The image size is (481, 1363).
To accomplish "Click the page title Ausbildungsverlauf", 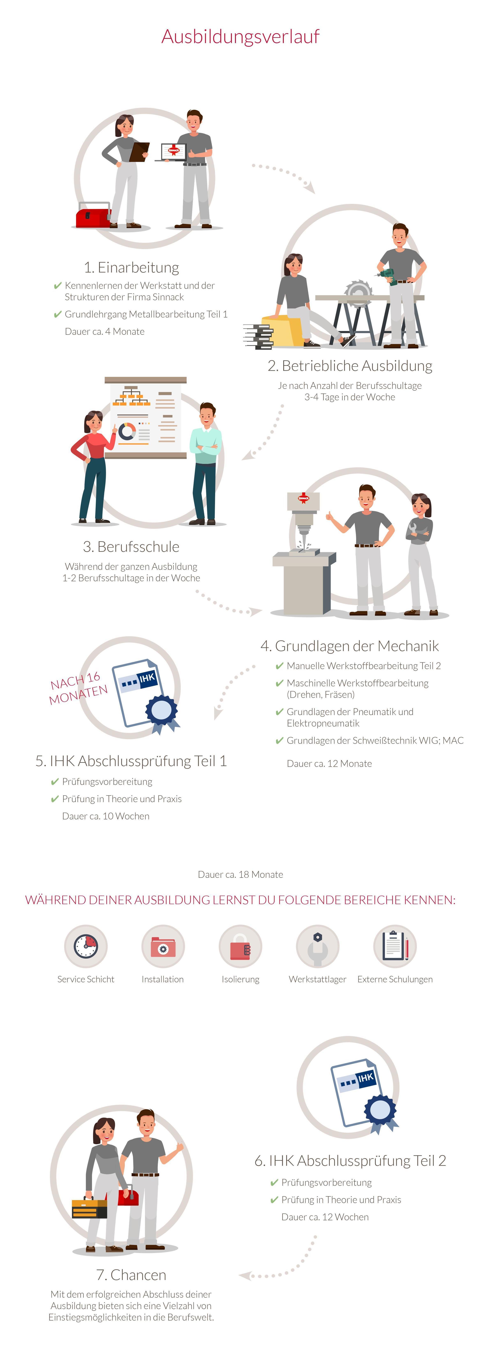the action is [x=240, y=37].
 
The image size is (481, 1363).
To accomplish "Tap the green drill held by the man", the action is [x=390, y=275].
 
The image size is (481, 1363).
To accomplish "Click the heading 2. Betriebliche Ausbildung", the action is [x=350, y=366].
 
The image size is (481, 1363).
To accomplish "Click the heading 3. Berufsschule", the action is [x=131, y=547].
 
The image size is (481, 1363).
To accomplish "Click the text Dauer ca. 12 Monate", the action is [x=329, y=763].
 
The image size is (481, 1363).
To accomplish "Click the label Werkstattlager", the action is [x=318, y=979].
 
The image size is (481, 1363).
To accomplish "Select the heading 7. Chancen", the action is [x=131, y=1275].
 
